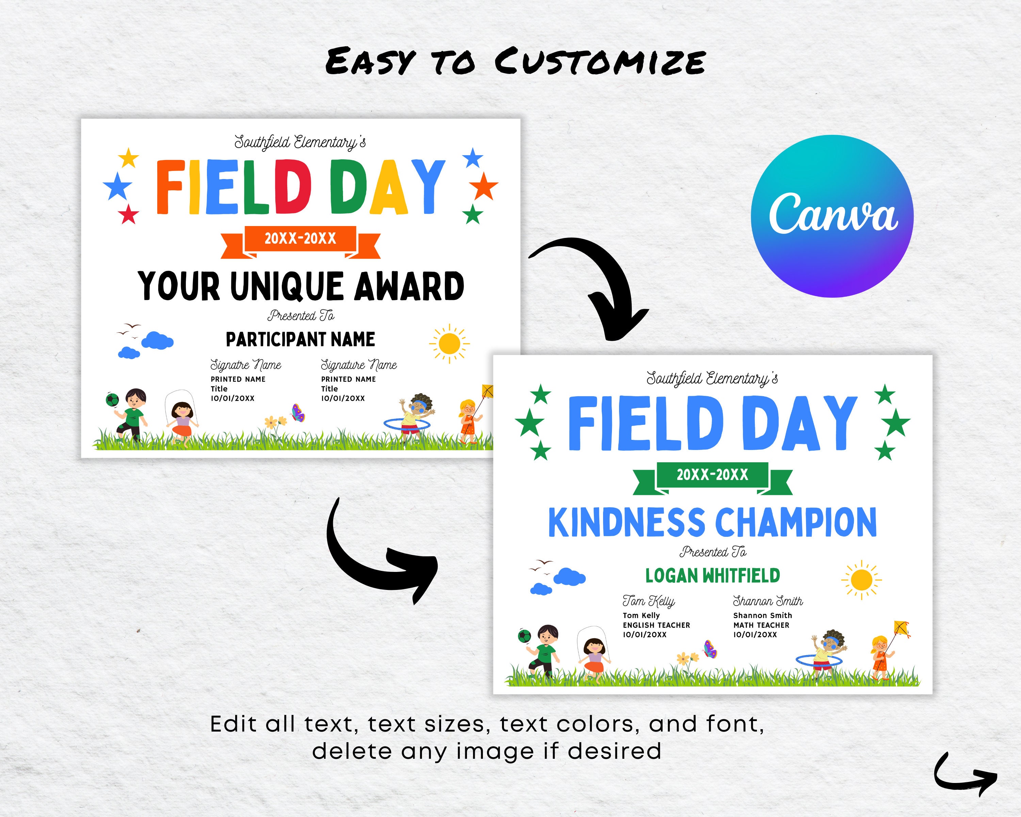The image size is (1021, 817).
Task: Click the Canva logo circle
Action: [x=832, y=217]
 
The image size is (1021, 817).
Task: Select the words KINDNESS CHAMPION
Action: [x=712, y=523]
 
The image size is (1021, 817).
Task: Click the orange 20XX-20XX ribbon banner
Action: [x=300, y=239]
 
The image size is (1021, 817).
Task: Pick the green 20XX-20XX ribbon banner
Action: [x=712, y=475]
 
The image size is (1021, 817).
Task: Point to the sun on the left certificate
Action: [x=449, y=343]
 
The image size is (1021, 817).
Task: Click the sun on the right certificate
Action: [x=861, y=580]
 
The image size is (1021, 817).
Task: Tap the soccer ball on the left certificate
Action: [x=112, y=400]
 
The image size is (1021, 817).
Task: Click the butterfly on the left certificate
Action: [x=298, y=413]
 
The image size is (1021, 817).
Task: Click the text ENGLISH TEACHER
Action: [x=657, y=625]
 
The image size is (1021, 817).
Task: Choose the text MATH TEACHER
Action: [x=761, y=625]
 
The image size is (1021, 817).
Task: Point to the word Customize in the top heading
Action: [x=600, y=62]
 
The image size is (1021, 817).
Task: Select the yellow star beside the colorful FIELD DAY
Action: [x=128, y=158]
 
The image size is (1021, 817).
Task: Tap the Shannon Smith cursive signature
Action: [x=768, y=602]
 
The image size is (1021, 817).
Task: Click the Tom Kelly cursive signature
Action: [x=649, y=602]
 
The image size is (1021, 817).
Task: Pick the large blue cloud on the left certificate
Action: [x=157, y=340]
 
